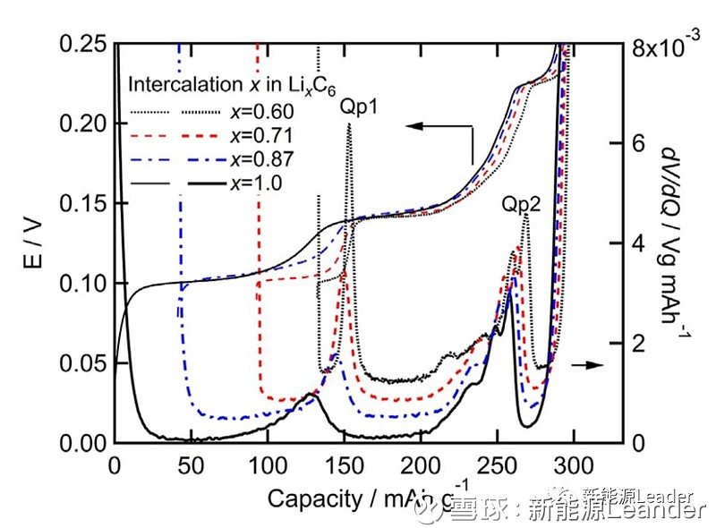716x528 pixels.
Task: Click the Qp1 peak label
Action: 358,106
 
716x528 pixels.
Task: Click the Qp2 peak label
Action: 521,204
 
